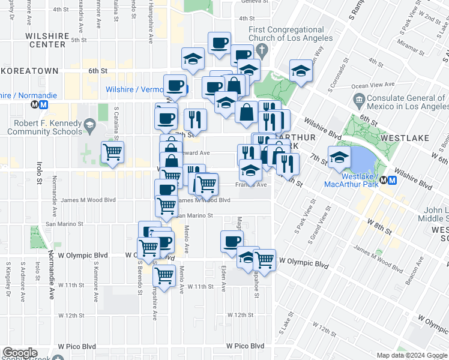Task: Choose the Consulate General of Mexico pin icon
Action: (360, 99)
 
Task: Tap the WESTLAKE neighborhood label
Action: (405, 138)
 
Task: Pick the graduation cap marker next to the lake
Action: (339, 157)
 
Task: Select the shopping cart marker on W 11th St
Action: (164, 275)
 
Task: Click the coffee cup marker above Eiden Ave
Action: (232, 241)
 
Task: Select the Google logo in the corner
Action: (19, 353)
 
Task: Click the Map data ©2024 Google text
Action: (412, 356)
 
